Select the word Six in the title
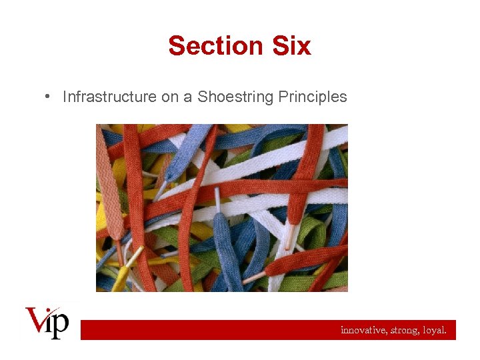pos(291,46)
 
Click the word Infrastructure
pos(109,97)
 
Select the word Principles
pos(313,97)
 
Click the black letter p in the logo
pos(61,325)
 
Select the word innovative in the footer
pos(362,330)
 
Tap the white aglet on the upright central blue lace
pos(217,199)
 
